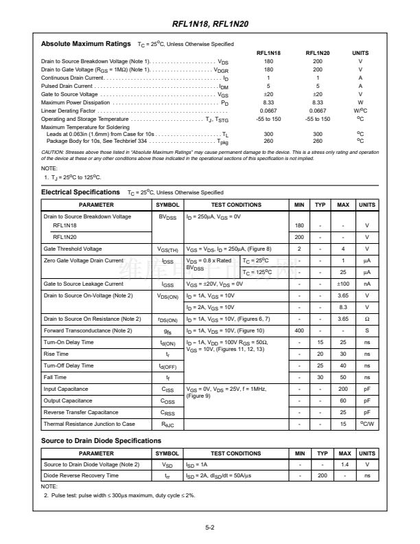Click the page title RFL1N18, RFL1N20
(x=210, y=24)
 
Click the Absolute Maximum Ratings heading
(x=86, y=44)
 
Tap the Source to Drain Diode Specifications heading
(x=102, y=440)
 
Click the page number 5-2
(x=210, y=528)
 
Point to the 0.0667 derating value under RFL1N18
(x=268, y=111)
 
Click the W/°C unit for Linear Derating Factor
(x=360, y=111)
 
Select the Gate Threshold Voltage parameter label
(x=73, y=249)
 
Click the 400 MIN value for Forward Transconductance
(x=299, y=331)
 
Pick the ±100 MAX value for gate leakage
(x=344, y=284)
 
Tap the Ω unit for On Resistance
(x=367, y=319)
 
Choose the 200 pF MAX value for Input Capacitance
(x=344, y=389)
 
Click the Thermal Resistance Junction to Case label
(x=89, y=424)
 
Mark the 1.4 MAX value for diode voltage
(x=344, y=465)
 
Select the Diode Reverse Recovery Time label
(x=81, y=475)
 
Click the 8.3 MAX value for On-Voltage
(x=344, y=307)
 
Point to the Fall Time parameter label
(x=55, y=377)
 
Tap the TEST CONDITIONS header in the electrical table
(x=235, y=205)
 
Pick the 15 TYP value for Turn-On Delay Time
(x=320, y=342)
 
